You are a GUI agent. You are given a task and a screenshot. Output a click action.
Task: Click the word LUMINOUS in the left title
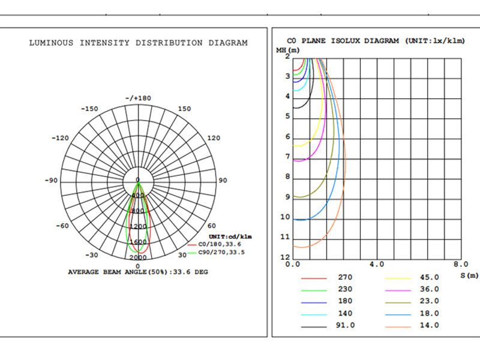(x=52, y=43)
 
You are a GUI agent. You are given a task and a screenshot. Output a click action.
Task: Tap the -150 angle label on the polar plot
(x=89, y=109)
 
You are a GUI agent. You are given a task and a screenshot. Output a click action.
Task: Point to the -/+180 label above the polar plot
(x=138, y=98)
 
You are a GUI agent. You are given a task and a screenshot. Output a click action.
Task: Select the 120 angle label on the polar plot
(x=214, y=138)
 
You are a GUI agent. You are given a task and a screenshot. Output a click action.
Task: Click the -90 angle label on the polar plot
(x=51, y=181)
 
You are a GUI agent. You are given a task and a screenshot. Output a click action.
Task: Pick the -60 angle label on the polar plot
(x=62, y=226)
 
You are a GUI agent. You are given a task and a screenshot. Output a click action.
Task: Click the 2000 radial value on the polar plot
(x=138, y=257)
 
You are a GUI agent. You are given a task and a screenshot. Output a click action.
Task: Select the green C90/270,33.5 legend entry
(x=216, y=253)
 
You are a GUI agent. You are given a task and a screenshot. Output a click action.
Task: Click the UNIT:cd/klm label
(x=230, y=236)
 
